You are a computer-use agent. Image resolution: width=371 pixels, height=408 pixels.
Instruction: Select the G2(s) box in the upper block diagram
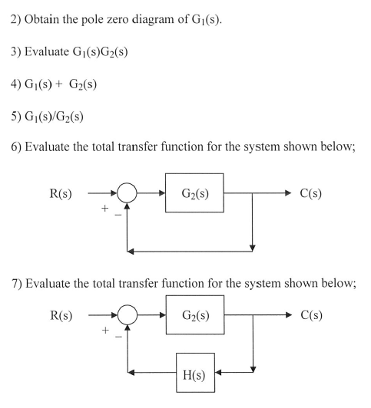click(x=194, y=192)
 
